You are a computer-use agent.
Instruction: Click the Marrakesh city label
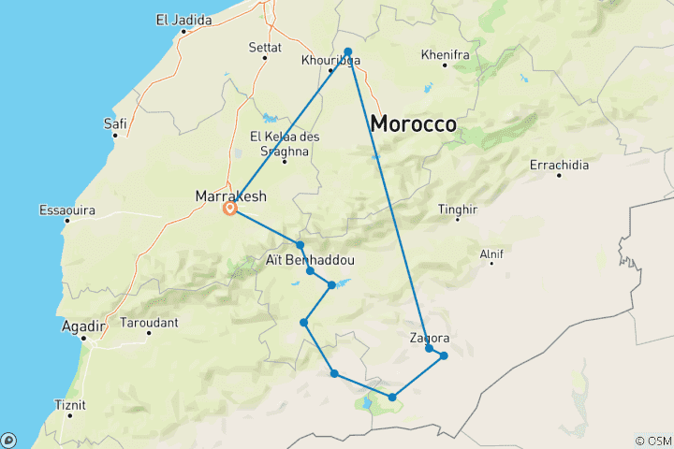(230, 196)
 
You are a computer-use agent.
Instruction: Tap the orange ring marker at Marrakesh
(229, 210)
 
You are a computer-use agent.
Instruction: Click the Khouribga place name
(330, 61)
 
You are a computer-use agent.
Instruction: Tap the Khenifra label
(445, 55)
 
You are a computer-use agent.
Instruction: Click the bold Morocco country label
(413, 123)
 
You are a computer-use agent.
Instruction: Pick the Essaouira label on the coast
(67, 210)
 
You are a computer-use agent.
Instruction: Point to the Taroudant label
(149, 323)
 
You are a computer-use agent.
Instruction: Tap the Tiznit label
(70, 405)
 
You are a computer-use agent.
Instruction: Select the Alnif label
(491, 253)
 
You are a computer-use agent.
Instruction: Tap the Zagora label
(430, 338)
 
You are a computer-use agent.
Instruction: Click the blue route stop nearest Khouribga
(347, 51)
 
